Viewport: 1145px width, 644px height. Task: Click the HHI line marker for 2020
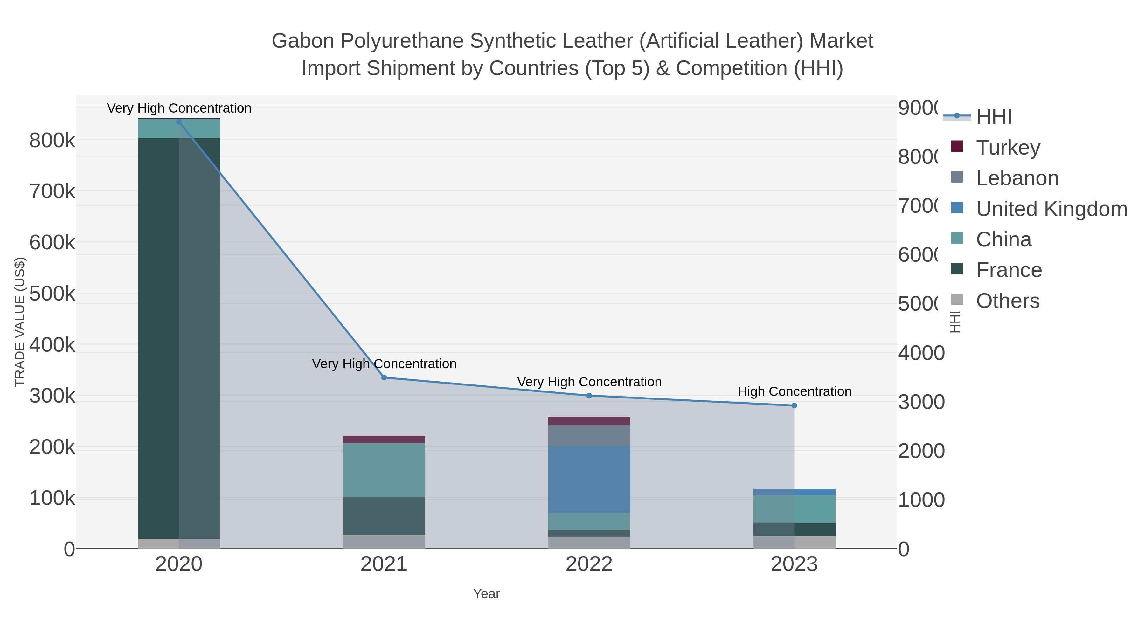(179, 122)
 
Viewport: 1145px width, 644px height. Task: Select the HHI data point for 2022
(589, 396)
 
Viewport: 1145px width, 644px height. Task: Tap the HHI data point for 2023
(794, 405)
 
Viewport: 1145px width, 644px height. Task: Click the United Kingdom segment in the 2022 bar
(589, 480)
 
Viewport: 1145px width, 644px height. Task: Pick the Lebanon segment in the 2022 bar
(589, 436)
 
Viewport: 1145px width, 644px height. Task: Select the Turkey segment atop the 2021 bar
(384, 439)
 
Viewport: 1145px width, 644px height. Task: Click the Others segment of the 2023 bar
(794, 542)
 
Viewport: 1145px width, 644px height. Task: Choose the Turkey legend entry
(1008, 147)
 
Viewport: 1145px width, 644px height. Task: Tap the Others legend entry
(1007, 301)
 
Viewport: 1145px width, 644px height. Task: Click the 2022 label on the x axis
(589, 564)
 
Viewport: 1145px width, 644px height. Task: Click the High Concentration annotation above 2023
(794, 391)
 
